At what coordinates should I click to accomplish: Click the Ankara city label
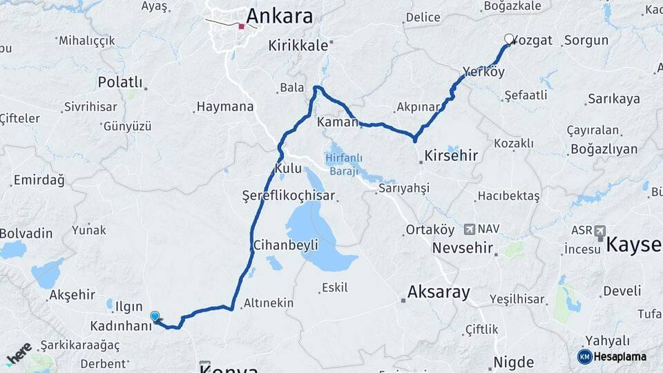[x=279, y=16]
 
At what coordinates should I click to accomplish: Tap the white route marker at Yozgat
[x=510, y=39]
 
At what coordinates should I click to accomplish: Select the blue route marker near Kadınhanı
[x=155, y=316]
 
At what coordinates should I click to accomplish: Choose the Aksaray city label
[x=439, y=291]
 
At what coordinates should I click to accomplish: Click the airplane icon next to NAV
[x=470, y=229]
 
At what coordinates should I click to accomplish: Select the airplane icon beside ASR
[x=599, y=229]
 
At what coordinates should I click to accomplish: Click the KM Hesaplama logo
[x=612, y=356]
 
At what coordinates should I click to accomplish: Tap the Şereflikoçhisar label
[x=289, y=195]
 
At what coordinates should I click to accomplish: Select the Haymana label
[x=225, y=107]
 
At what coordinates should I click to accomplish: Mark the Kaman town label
[x=336, y=122]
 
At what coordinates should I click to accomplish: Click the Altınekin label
[x=269, y=303]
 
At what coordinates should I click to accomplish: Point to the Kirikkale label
[x=299, y=45]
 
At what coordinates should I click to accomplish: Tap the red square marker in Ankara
[x=241, y=27]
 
